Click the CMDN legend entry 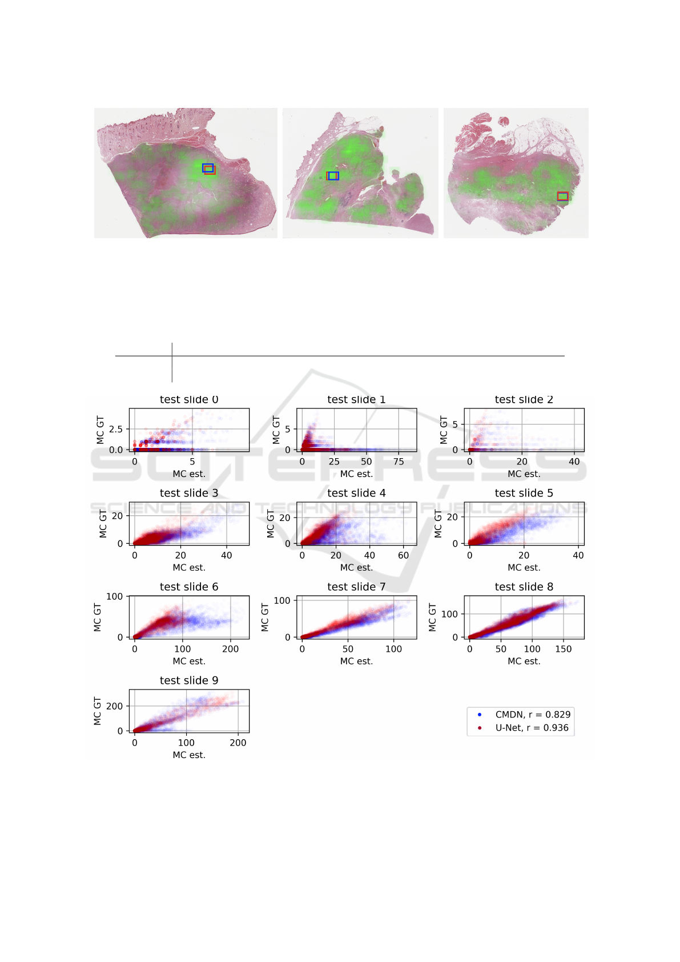coord(532,715)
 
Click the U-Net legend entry coord(531,728)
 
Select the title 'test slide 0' coord(189,399)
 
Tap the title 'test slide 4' coord(356,493)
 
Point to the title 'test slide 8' coord(524,587)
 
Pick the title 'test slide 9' coord(189,680)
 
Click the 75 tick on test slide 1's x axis coord(399,462)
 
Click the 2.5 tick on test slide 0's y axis coord(116,429)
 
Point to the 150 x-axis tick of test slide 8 coord(564,649)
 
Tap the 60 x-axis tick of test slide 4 coord(403,555)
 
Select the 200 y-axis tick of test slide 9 coord(114,706)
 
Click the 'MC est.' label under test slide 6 coord(189,661)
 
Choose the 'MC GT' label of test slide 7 coord(265,617)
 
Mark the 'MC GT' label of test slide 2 coord(444,430)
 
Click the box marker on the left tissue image coord(208,169)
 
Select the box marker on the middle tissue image coord(333,176)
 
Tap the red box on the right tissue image coord(562,197)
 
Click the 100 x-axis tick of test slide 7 coord(393,649)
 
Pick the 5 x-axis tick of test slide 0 coord(192,462)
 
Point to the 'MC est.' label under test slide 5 coord(524,567)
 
